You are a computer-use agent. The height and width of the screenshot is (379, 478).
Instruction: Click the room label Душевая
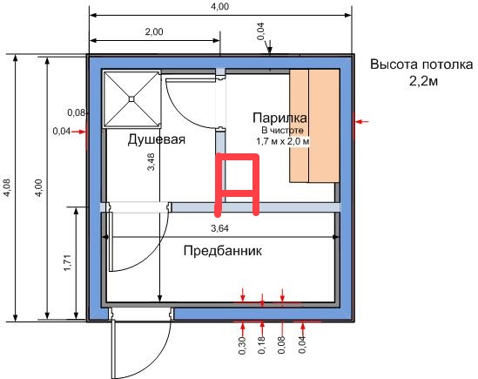[157, 139]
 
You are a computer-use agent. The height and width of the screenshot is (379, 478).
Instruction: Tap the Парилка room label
[279, 118]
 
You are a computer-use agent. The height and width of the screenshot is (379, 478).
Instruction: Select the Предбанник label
[223, 251]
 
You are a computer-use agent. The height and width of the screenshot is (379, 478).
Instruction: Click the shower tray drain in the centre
[131, 98]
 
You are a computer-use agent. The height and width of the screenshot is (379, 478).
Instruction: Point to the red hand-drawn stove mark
[238, 185]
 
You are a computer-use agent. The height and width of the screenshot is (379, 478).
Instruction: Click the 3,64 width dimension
[219, 228]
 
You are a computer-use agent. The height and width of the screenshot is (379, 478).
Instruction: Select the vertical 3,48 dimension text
[151, 161]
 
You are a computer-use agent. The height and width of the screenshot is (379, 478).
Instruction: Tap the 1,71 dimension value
[67, 263]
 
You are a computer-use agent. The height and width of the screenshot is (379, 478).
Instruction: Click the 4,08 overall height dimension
[6, 187]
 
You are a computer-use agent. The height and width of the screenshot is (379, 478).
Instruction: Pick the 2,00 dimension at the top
[154, 31]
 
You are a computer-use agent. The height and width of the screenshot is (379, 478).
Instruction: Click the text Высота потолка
[421, 64]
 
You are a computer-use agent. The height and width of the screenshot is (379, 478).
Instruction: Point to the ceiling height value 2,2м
[423, 81]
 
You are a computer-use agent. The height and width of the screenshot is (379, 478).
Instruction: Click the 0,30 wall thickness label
[242, 345]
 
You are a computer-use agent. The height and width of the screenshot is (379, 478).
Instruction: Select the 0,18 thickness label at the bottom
[262, 345]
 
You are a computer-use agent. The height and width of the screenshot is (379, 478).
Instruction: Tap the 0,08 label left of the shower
[77, 112]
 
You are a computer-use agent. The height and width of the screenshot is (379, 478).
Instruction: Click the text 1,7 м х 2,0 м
[283, 142]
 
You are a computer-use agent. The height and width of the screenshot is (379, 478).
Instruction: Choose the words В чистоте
[283, 131]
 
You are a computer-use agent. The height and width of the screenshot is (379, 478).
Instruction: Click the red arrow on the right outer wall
[362, 121]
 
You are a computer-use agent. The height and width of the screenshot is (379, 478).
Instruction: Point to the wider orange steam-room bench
[325, 125]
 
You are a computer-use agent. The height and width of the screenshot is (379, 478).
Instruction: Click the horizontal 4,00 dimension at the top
[219, 7]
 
